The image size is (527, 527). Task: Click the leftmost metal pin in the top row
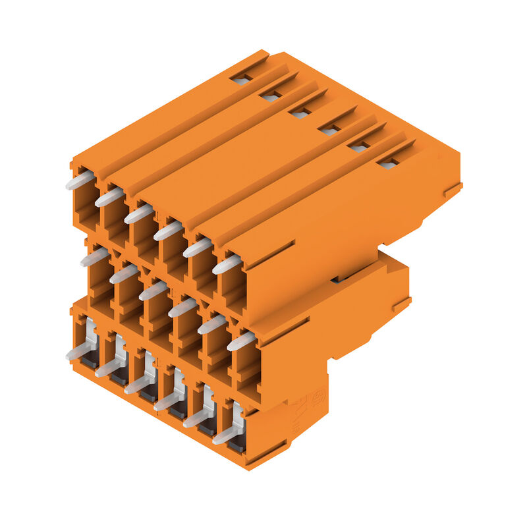[x=80, y=180]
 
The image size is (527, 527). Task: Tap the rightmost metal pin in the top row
[x=227, y=265]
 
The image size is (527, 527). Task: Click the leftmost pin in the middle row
[x=95, y=258]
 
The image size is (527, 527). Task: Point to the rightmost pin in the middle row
[x=241, y=341]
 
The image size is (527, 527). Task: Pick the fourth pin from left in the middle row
[x=182, y=308]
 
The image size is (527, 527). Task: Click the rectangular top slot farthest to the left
[x=241, y=80]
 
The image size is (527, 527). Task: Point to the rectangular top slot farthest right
[x=387, y=162]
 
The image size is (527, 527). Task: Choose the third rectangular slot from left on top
[x=300, y=113]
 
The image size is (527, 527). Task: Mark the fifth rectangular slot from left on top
[x=358, y=146]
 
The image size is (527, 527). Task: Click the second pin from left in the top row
[x=109, y=197]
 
